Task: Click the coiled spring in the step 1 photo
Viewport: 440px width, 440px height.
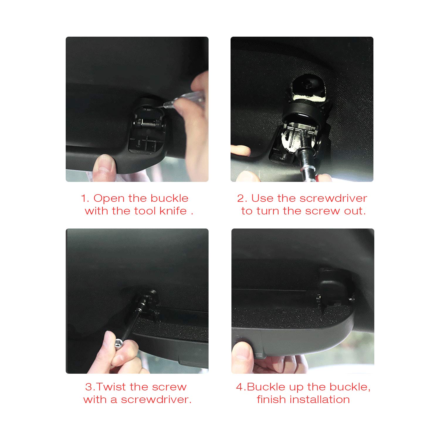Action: (148, 123)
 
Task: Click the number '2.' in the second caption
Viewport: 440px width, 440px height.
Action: (242, 198)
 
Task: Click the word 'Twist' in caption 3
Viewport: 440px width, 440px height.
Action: (111, 387)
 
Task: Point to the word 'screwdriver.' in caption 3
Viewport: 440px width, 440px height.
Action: (156, 400)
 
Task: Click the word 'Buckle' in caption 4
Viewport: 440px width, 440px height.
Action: (266, 387)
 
